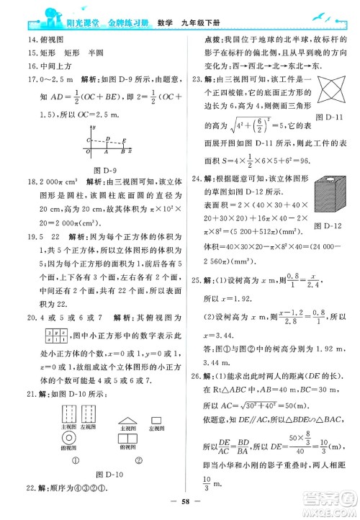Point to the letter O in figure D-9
(x=88, y=153)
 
